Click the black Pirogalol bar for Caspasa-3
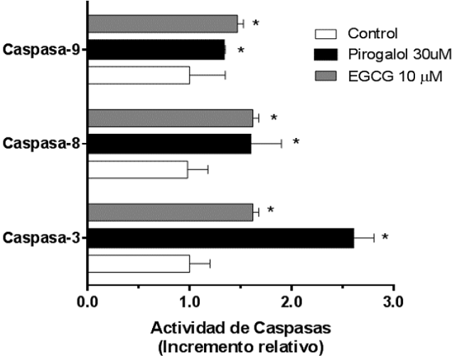click(220, 238)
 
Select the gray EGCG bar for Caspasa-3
click(170, 212)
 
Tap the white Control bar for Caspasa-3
click(139, 263)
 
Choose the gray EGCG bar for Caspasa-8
click(170, 118)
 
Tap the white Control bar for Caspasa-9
click(139, 75)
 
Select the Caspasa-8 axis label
click(42, 144)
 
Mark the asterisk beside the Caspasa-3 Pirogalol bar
click(385, 237)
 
